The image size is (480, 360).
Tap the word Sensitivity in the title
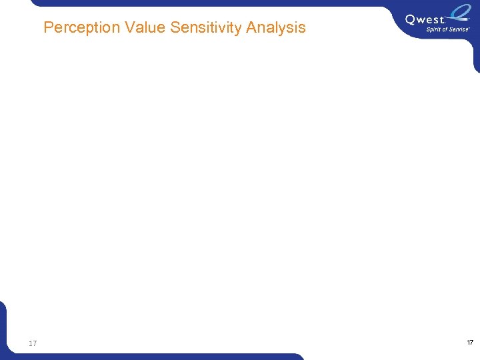point(206,28)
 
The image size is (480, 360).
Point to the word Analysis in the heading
point(275,28)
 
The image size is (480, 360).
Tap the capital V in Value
point(129,28)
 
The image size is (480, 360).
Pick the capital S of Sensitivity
point(176,28)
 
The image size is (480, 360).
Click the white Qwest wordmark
point(424,20)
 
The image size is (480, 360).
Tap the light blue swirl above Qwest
point(460,13)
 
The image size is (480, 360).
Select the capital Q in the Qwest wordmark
point(411,20)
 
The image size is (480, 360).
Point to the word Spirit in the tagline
point(433,29)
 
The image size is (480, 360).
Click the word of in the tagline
point(445,29)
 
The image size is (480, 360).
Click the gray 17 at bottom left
point(33,343)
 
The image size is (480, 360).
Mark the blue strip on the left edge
point(2,327)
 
